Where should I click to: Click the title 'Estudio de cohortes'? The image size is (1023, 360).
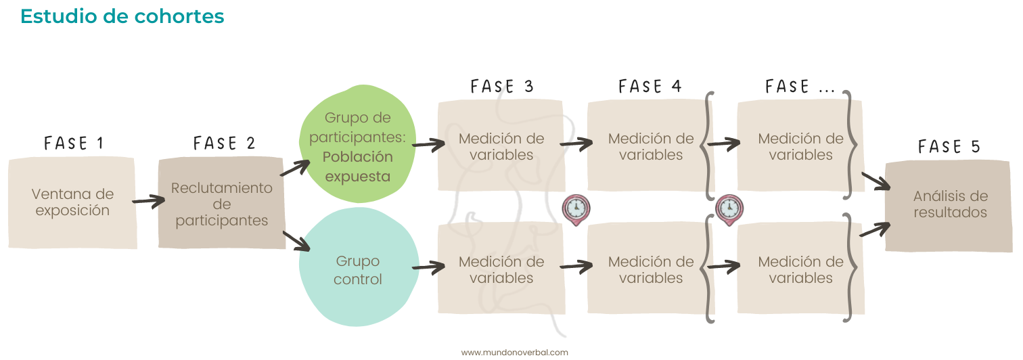(122, 16)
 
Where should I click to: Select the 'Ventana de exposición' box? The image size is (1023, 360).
(72, 202)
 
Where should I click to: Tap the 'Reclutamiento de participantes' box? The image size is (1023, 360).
(221, 204)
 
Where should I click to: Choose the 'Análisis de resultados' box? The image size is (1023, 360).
(950, 204)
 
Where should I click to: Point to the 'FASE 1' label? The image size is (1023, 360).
(74, 143)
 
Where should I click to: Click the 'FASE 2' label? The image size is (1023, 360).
(224, 143)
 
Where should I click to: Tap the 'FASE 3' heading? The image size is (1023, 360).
(502, 87)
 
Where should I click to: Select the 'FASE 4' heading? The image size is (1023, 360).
(650, 87)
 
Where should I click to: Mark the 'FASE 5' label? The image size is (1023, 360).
(949, 147)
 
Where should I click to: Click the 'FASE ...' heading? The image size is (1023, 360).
(799, 87)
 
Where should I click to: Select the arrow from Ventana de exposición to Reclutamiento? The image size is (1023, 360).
(148, 200)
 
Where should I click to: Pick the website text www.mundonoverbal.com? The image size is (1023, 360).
(514, 353)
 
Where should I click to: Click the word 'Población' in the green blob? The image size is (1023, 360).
(357, 157)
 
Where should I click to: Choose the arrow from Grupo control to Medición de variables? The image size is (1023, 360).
(428, 267)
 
